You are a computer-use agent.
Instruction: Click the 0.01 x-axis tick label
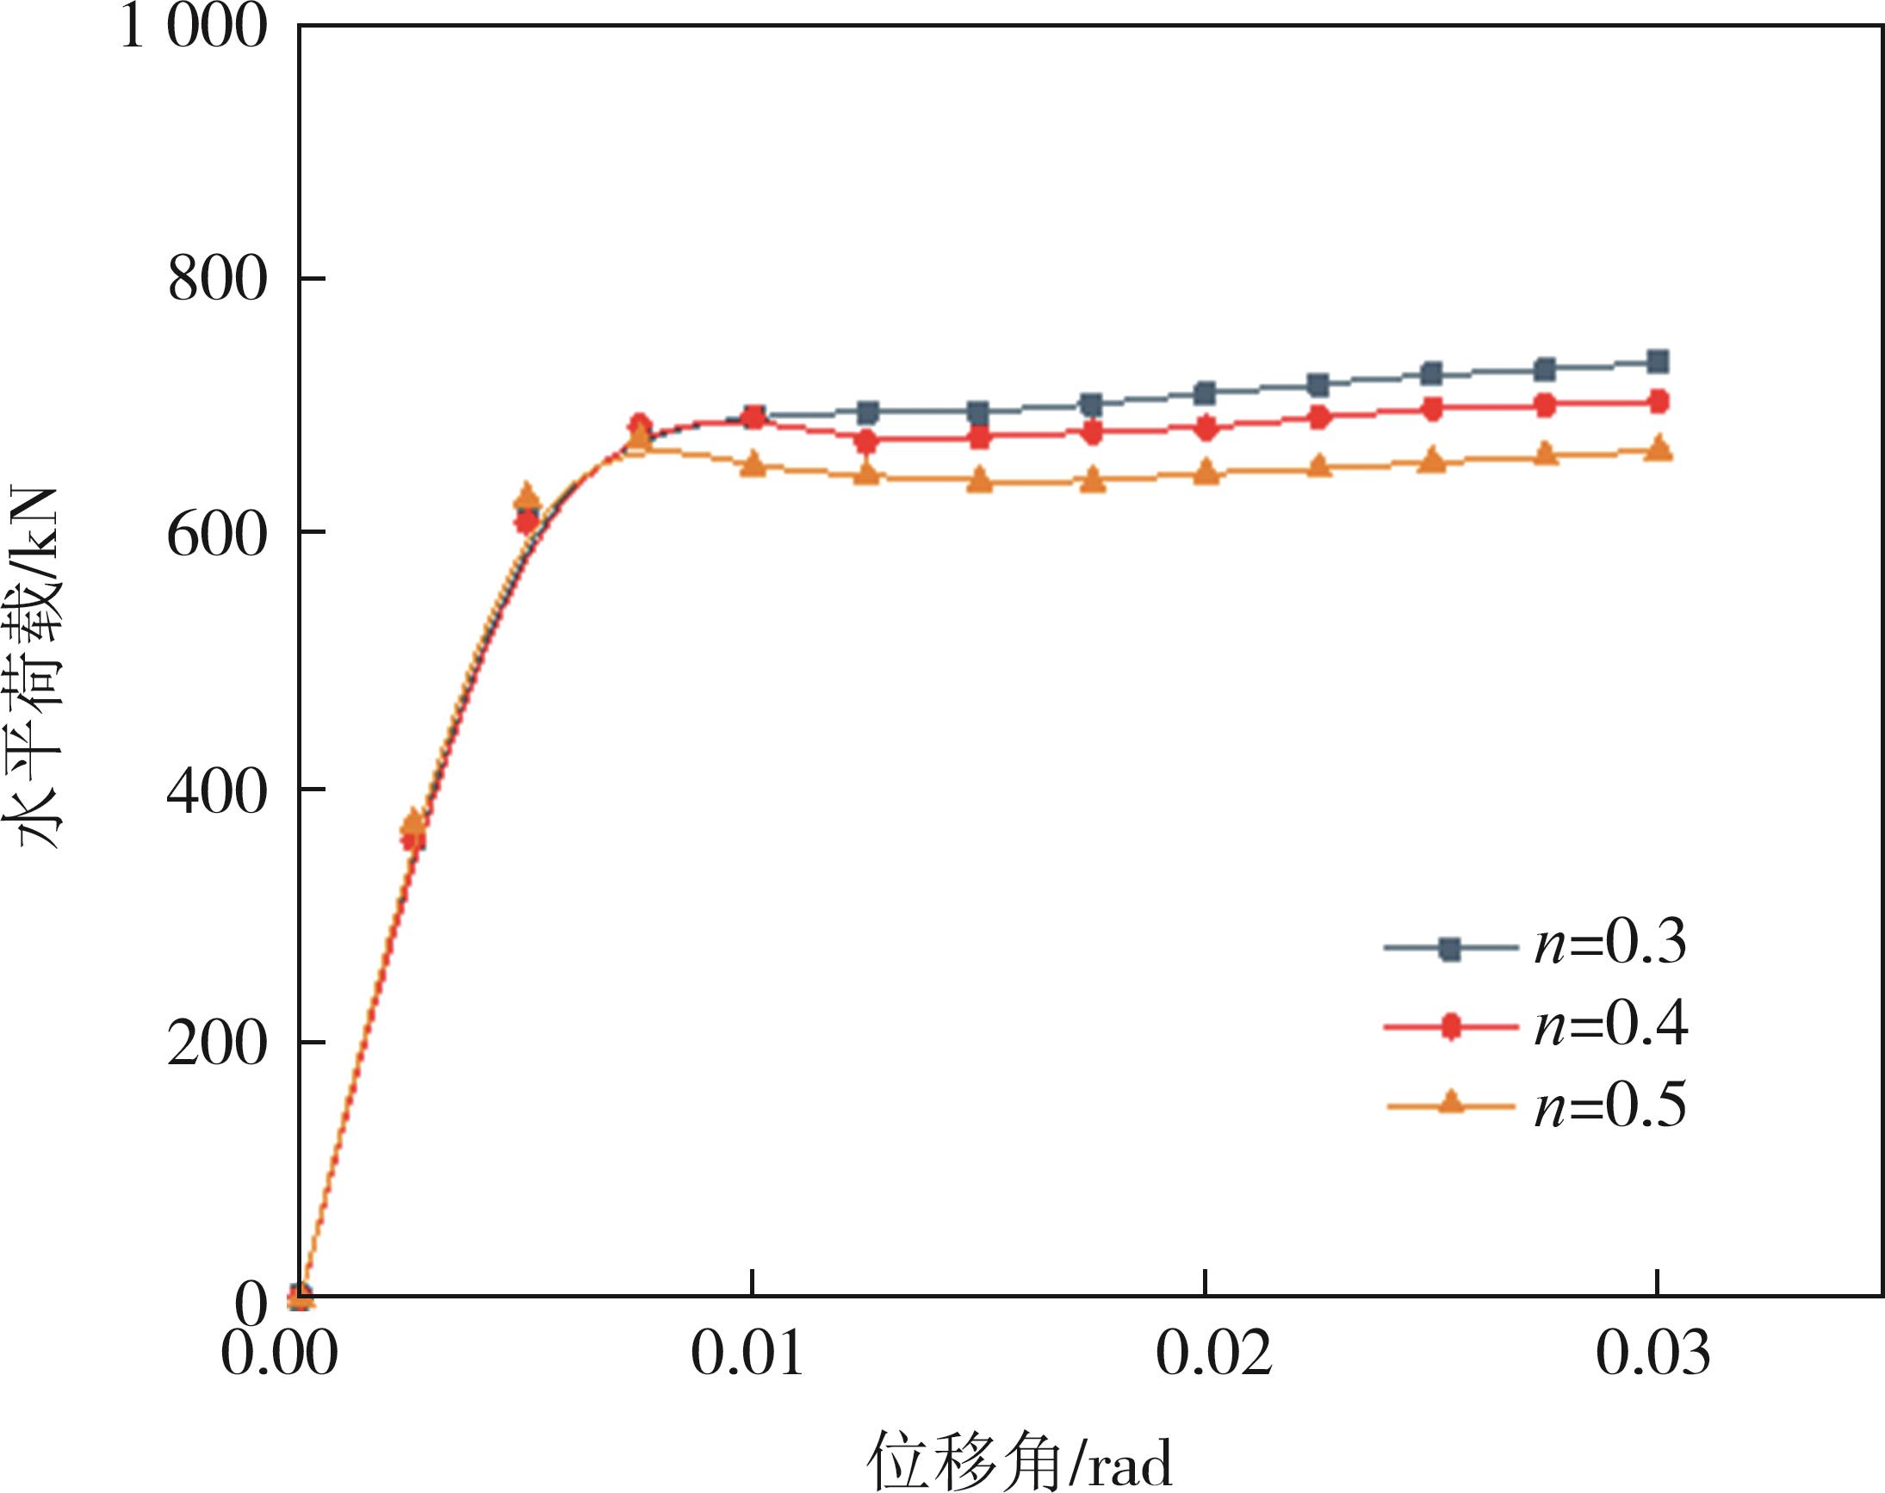point(747,1354)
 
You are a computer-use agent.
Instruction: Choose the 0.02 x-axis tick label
point(1213,1354)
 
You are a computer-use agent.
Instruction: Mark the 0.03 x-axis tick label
point(1652,1354)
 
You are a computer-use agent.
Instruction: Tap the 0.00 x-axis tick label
point(278,1354)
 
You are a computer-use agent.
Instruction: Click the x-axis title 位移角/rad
point(1019,1459)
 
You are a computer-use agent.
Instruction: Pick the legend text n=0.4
point(1609,1024)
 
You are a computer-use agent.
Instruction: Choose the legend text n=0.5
point(1609,1105)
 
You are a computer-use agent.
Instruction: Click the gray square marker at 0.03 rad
point(1657,361)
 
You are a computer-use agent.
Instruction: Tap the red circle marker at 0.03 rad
point(1657,401)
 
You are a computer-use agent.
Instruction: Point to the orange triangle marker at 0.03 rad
point(1657,449)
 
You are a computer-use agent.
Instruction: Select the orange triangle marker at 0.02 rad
point(1206,472)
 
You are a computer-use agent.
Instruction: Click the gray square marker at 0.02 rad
point(1206,393)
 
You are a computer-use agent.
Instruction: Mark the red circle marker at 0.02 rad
point(1206,427)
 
